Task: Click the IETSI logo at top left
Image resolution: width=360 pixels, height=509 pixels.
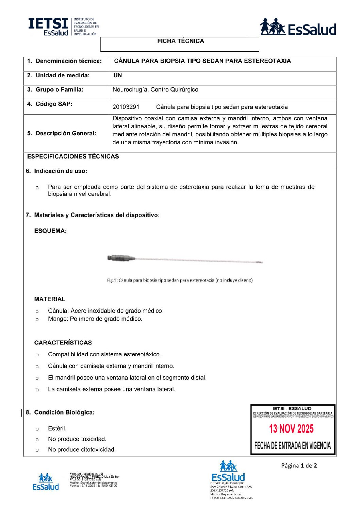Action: coord(63,27)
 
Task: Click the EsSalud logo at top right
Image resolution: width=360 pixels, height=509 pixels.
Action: coord(298,27)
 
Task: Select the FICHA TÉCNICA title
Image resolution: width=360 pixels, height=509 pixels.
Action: coord(180,41)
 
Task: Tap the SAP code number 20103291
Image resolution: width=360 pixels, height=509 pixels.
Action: coord(126,107)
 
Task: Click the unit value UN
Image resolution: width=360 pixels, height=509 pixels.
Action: coord(117,75)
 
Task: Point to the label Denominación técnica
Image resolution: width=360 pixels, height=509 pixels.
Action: coord(68,61)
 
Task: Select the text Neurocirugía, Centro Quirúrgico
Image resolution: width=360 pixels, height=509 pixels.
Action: coord(155,90)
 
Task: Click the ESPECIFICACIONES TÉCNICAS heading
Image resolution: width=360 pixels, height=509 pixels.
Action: coord(73,156)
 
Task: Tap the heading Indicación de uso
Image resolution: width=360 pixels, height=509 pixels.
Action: coord(60,171)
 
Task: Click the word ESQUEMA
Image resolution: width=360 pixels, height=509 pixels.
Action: coord(50,231)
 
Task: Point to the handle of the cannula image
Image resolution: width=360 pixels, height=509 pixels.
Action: coord(121,258)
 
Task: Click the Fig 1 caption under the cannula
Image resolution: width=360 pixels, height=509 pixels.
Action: coord(180,280)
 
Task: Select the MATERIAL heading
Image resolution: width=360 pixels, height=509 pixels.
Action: coord(50,299)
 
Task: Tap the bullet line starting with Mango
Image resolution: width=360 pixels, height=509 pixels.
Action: coord(95,319)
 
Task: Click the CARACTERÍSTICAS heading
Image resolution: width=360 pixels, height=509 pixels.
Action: coord(63,342)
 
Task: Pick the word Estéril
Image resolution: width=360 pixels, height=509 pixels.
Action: coord(57,428)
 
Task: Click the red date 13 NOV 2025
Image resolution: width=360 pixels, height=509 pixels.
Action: coord(291,429)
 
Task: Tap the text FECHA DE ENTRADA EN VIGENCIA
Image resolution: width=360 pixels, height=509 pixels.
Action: coord(292,445)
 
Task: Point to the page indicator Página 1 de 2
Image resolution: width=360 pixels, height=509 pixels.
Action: coord(299,465)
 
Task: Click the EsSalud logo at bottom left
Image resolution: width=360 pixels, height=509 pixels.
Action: coord(46,482)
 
